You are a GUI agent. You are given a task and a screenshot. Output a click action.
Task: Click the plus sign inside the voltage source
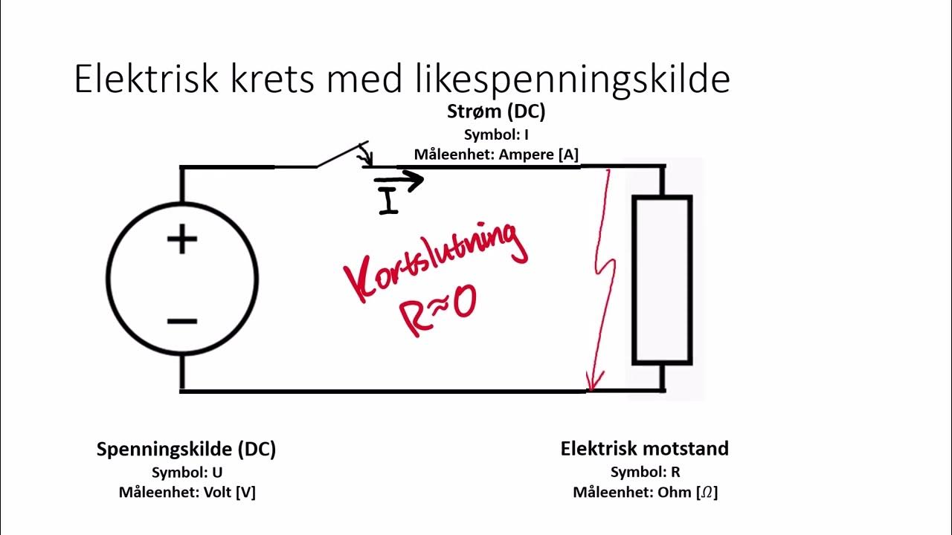[182, 241]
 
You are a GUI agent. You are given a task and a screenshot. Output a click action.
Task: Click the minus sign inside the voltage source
[182, 321]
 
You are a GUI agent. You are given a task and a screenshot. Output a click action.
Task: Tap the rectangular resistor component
[662, 279]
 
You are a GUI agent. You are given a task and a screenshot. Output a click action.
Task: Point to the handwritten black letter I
[388, 201]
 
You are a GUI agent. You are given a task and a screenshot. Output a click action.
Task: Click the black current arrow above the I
[399, 179]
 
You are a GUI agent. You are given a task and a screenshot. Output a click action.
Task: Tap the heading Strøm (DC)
[496, 111]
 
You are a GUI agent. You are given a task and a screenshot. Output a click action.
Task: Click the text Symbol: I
[496, 134]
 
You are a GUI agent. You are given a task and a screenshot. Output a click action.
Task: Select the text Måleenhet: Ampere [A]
[496, 154]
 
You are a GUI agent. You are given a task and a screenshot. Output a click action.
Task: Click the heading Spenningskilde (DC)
[186, 450]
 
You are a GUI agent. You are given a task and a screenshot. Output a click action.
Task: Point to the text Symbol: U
[187, 472]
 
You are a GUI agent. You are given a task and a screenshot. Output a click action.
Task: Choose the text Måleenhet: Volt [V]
[187, 492]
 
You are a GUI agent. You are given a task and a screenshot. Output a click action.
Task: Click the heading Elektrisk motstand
[645, 449]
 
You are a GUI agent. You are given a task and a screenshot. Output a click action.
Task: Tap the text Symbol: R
[645, 472]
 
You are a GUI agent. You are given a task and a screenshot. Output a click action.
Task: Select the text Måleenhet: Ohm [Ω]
[645, 492]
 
